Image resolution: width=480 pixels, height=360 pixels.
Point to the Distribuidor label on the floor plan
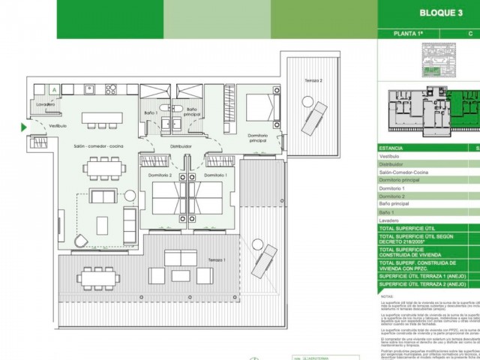pyautogui.click(x=181, y=147)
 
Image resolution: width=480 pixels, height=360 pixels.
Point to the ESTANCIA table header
pyautogui.click(x=391, y=148)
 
